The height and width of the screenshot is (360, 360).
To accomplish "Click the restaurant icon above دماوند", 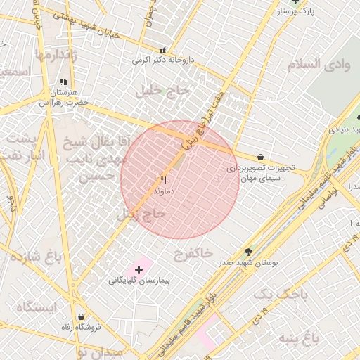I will coord(164,180).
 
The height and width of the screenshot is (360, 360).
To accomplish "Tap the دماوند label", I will coord(164,191).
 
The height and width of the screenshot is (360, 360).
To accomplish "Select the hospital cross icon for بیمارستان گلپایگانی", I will coord(139,269).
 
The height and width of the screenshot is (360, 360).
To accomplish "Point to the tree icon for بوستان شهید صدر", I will coord(248,251).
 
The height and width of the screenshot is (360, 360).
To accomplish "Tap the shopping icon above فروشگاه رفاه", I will coord(83,317).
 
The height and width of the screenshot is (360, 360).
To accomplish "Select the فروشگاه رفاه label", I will coord(83,328).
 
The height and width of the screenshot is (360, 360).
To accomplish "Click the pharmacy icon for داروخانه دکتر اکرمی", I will coord(163,51).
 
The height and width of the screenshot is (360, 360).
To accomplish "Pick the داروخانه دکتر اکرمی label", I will coord(162,60).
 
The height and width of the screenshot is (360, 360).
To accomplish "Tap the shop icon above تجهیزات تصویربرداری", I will coord(262,157).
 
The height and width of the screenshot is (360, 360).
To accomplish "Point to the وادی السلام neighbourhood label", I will coord(319,64).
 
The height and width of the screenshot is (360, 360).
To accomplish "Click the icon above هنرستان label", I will coord(64,82).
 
